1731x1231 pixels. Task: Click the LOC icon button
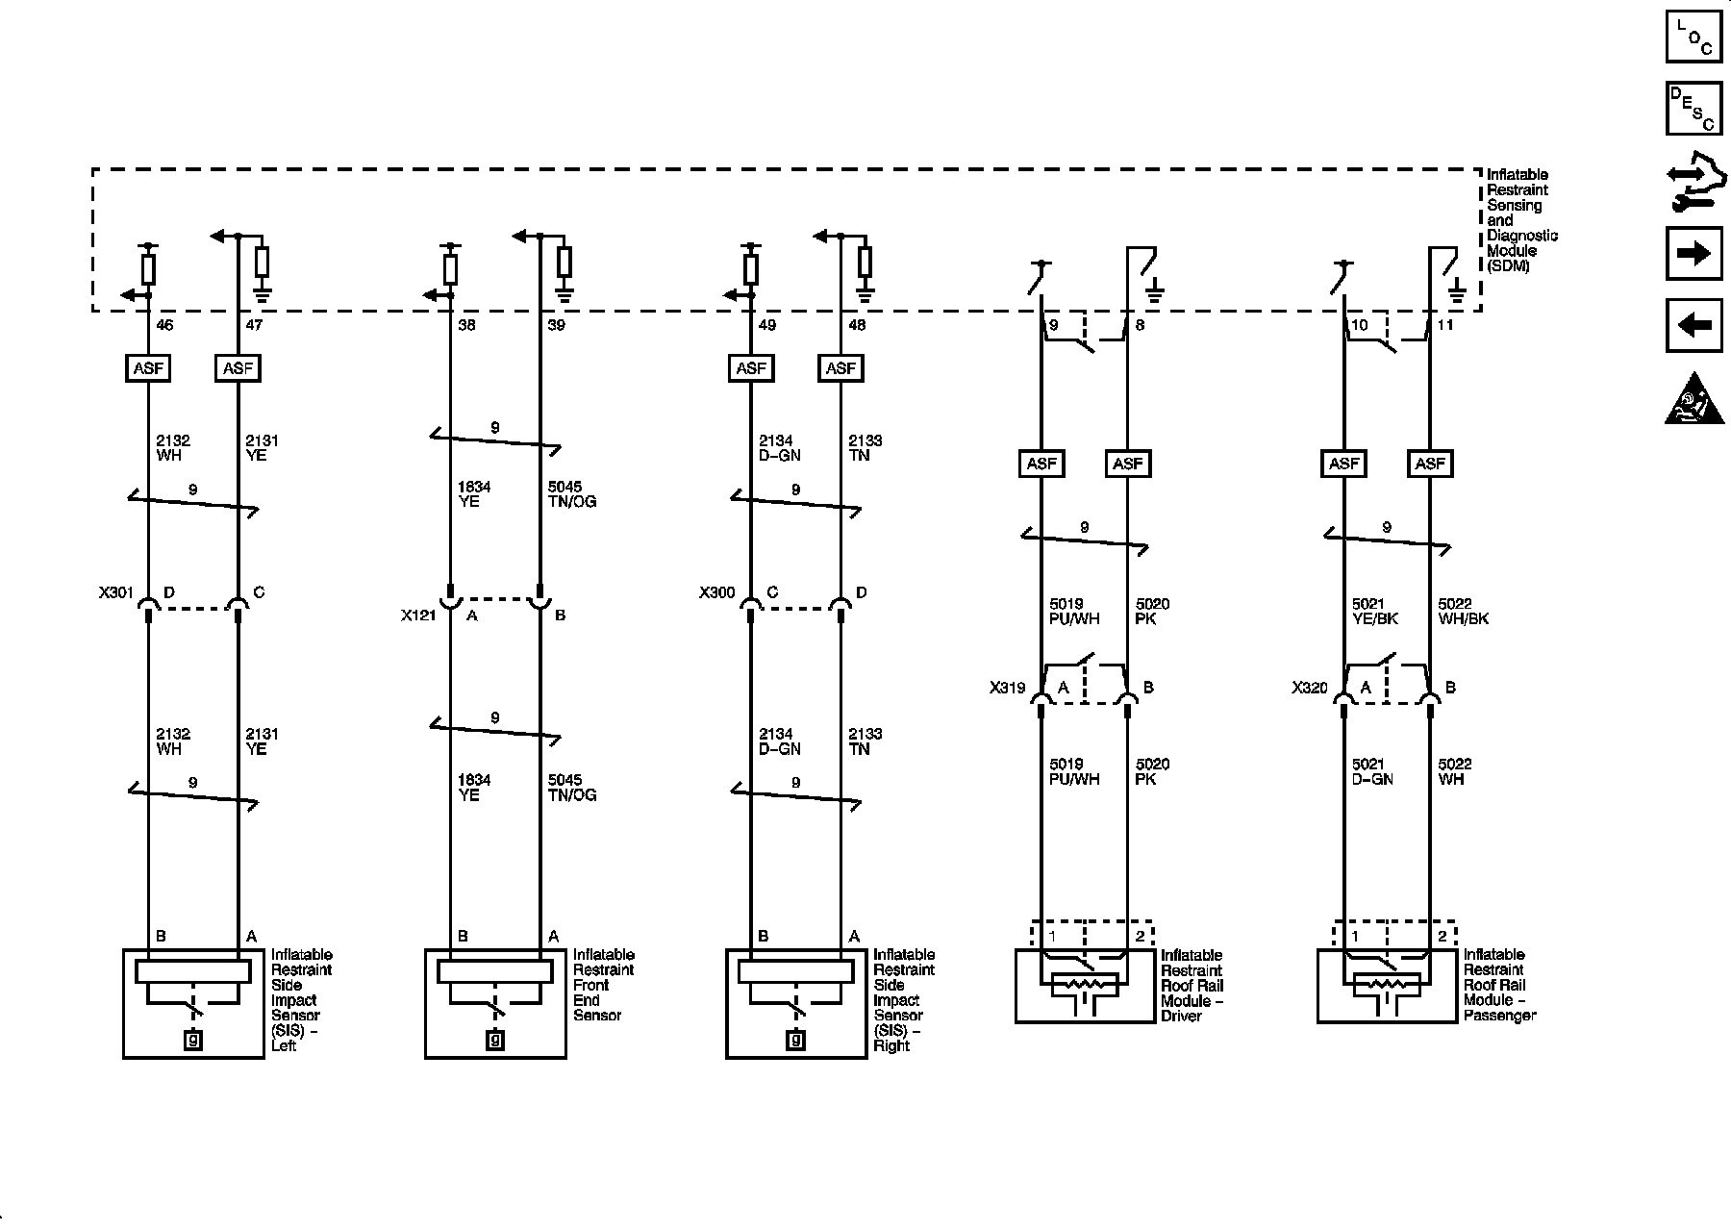click(x=1693, y=36)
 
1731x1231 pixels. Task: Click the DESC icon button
click(x=1693, y=108)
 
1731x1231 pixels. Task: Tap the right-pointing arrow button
click(x=1693, y=253)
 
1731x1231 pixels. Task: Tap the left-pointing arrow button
click(x=1693, y=326)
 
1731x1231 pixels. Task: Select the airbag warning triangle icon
click(x=1693, y=398)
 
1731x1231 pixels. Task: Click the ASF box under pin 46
click(x=148, y=368)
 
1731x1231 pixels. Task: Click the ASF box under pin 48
click(x=840, y=368)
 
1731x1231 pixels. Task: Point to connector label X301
click(x=115, y=593)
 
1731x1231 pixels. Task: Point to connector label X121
click(x=418, y=615)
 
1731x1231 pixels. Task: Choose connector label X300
click(x=716, y=593)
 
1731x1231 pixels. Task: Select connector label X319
click(x=1007, y=689)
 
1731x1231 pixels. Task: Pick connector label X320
click(x=1309, y=689)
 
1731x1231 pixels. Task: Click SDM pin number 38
click(x=466, y=325)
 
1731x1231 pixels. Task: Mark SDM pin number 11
click(x=1445, y=325)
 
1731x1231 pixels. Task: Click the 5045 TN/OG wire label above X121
click(x=571, y=494)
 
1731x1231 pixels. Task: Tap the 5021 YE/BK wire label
click(x=1374, y=612)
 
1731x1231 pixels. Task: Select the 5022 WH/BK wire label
click(x=1463, y=612)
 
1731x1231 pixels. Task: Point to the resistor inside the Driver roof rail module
click(x=1085, y=985)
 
